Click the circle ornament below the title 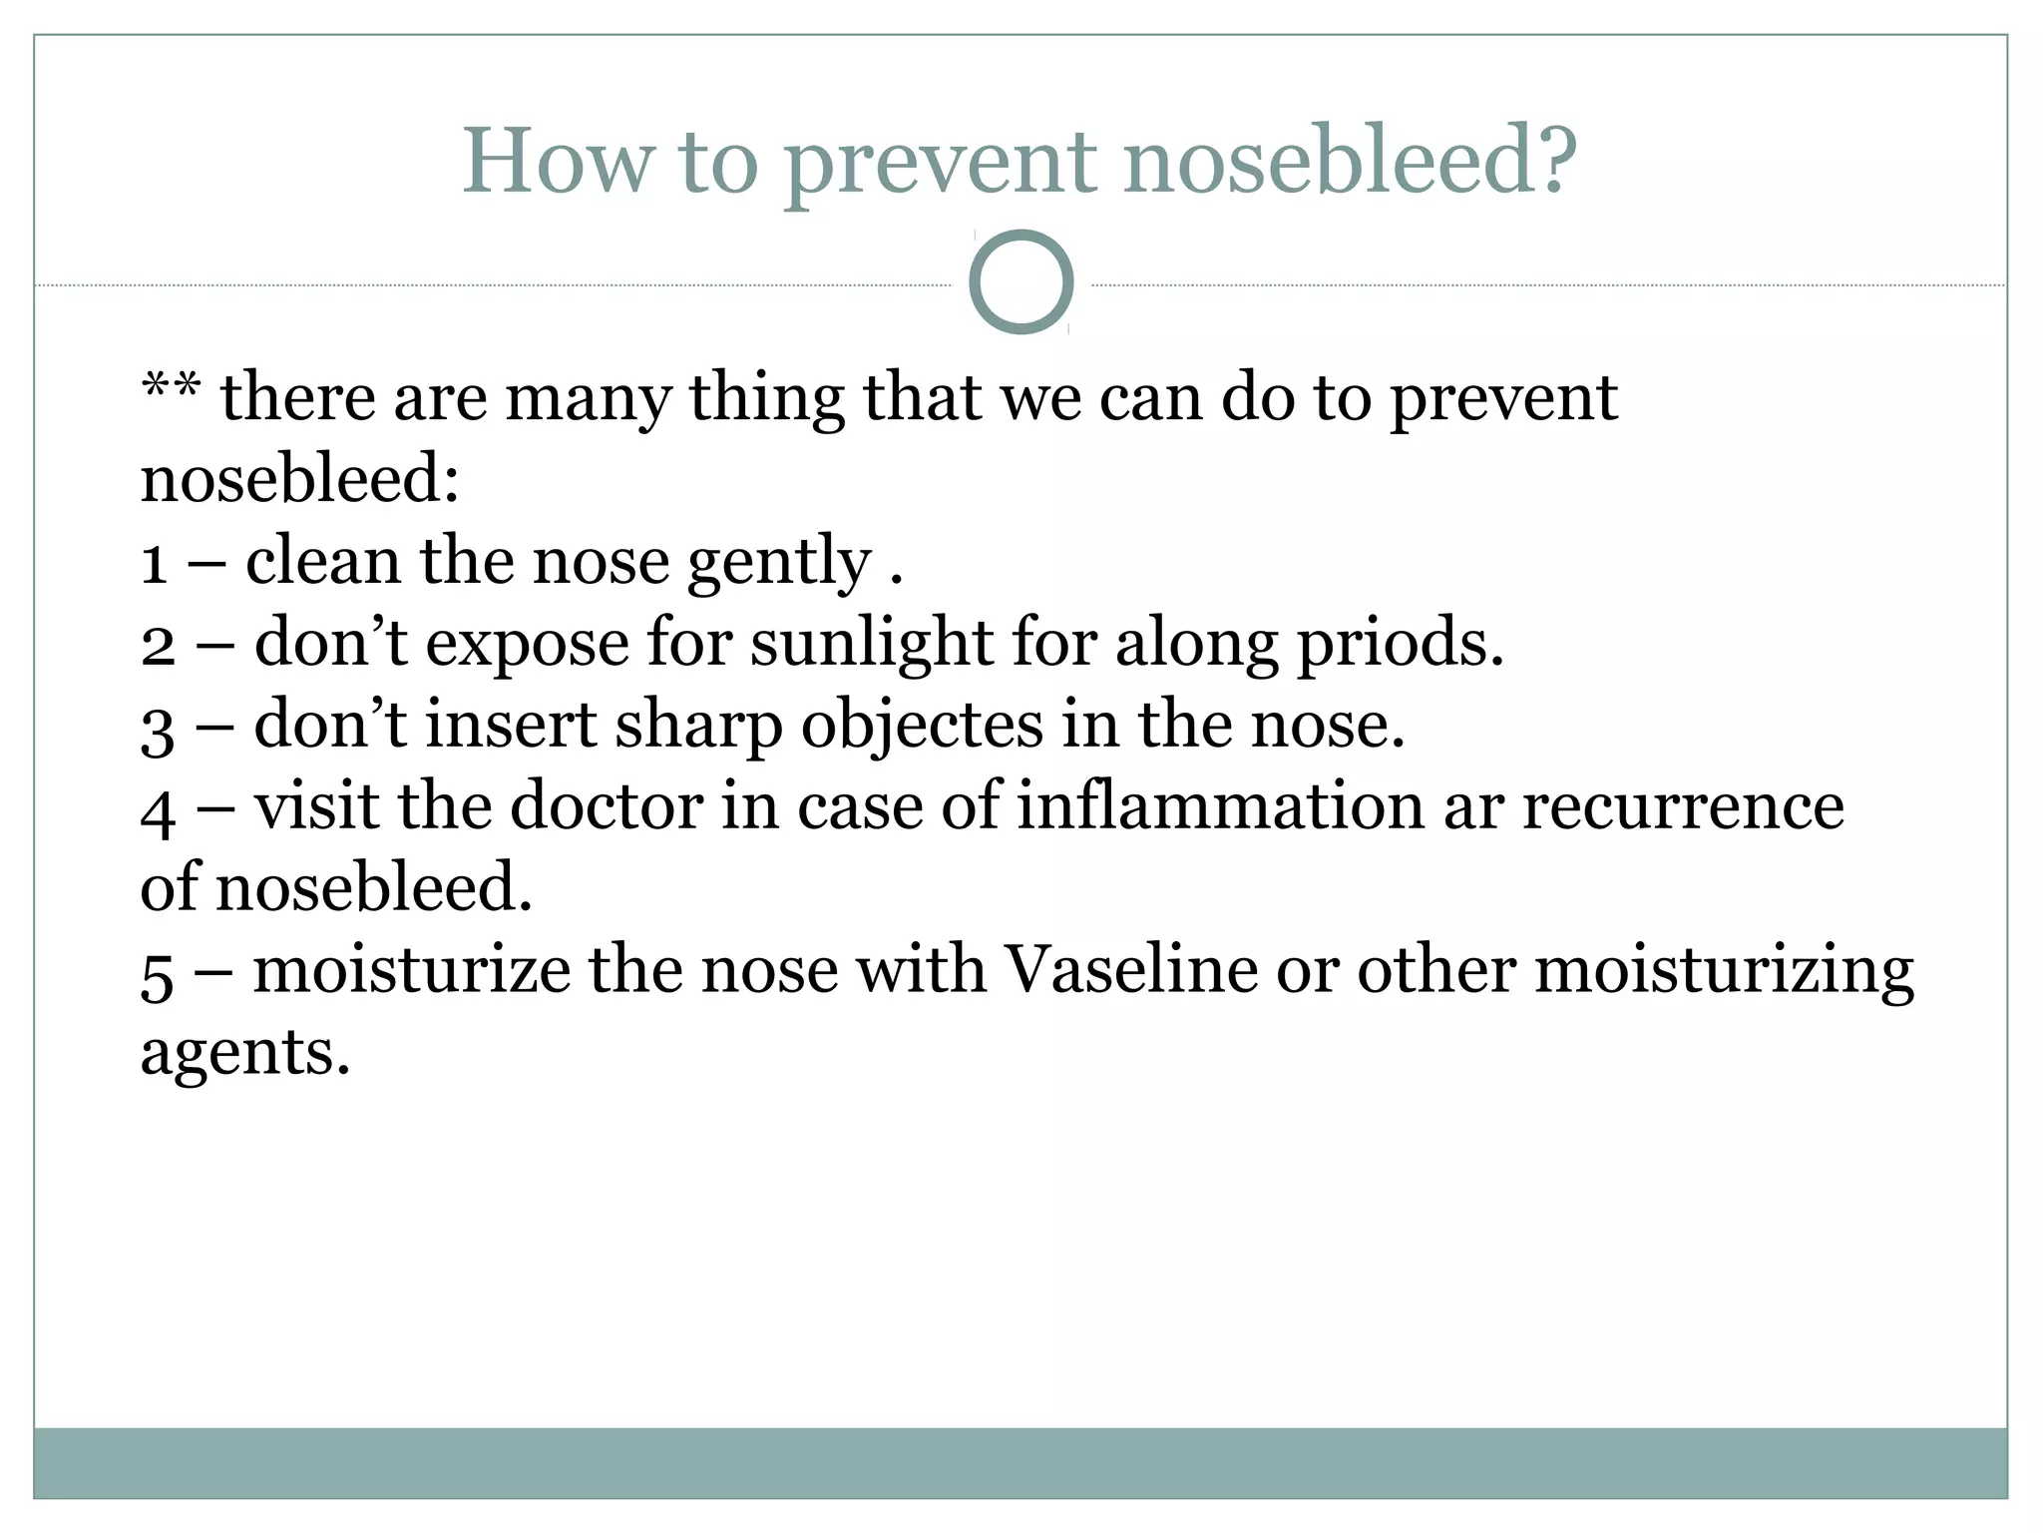point(1021,281)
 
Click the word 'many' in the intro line point(588,399)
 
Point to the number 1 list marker point(154,563)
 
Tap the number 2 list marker point(158,645)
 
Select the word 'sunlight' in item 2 point(871,645)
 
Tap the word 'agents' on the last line point(244,1054)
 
